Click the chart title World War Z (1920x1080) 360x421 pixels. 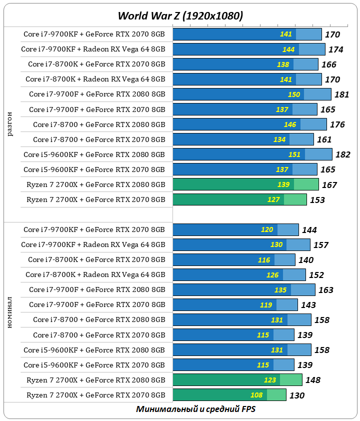point(180,16)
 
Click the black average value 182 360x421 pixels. point(343,154)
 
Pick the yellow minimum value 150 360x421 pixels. point(294,94)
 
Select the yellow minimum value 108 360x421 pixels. point(256,395)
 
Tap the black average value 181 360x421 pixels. point(341,94)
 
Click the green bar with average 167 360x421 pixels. point(245,184)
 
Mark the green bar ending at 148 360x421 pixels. point(237,380)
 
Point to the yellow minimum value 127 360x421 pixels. point(273,199)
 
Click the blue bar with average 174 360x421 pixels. point(249,49)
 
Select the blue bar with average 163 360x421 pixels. point(244,290)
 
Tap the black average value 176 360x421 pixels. point(338,124)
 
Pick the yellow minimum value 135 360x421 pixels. point(280,290)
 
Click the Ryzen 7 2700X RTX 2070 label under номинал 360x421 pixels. point(95,395)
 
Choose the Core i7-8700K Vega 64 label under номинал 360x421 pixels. point(95,274)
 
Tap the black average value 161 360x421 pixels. point(324,139)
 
